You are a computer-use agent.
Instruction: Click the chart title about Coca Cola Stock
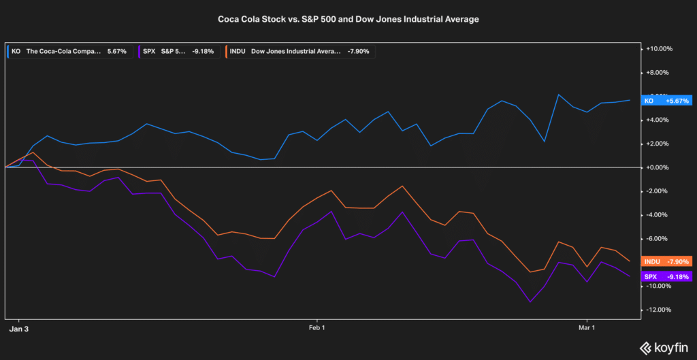[348, 19]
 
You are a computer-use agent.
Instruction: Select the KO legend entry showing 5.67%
[67, 51]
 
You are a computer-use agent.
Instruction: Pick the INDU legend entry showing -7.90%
[300, 51]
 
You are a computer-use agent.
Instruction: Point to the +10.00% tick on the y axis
[660, 49]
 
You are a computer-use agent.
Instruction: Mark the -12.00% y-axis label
[660, 310]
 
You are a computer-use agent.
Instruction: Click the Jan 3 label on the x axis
[19, 328]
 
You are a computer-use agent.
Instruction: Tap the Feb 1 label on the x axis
[317, 328]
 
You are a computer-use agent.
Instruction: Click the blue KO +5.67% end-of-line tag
[667, 101]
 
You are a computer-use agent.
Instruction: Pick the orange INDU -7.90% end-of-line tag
[667, 261]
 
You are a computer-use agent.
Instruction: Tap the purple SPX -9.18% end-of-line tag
[667, 277]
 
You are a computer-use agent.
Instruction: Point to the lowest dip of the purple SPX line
[530, 301]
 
